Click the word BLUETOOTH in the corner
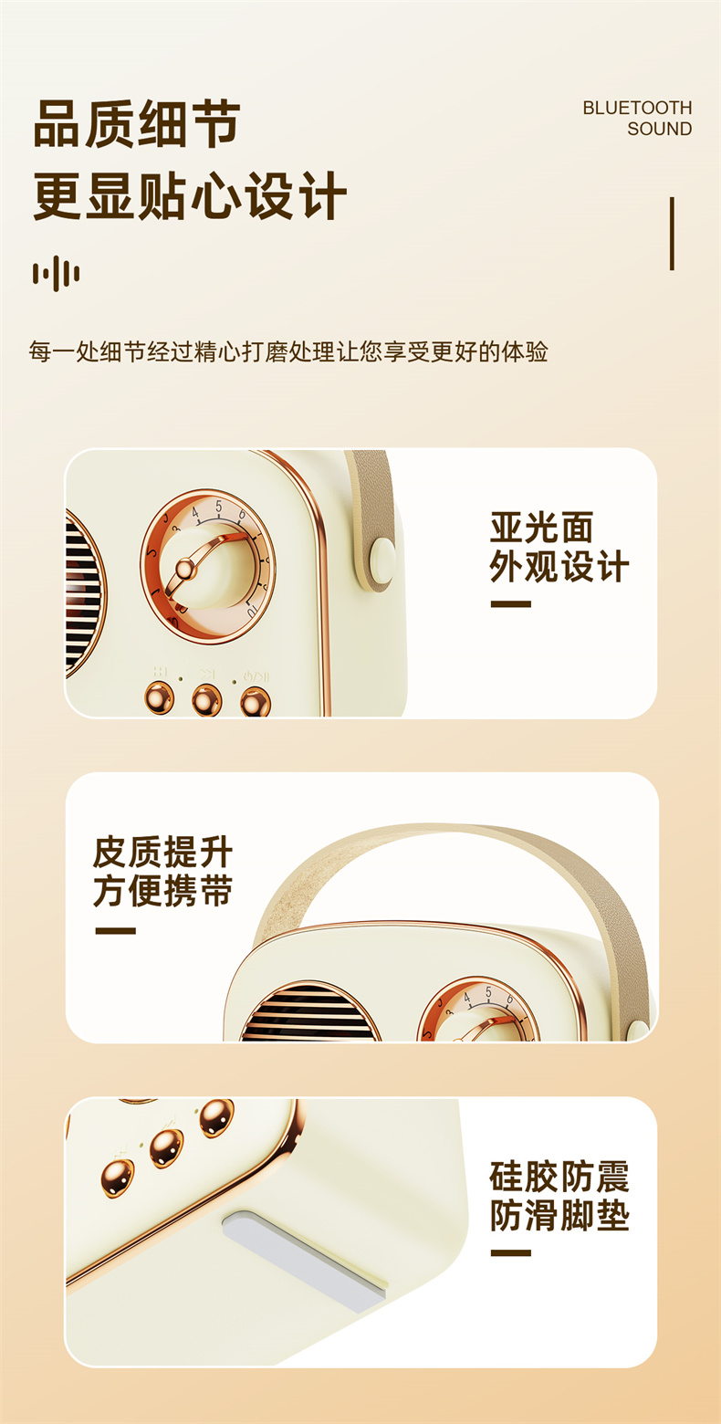(637, 108)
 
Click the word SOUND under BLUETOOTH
(659, 129)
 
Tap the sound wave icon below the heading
(57, 273)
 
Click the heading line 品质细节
(137, 123)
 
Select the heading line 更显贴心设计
(190, 195)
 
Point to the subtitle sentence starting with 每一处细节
(288, 351)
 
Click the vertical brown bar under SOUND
(672, 234)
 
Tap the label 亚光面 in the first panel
(541, 527)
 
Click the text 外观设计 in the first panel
(559, 566)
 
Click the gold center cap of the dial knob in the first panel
(185, 569)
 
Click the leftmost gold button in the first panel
(159, 697)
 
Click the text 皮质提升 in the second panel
(162, 852)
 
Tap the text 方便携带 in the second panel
(162, 890)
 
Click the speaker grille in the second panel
(309, 1012)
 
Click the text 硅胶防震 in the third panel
(559, 1176)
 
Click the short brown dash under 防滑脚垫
(510, 1253)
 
